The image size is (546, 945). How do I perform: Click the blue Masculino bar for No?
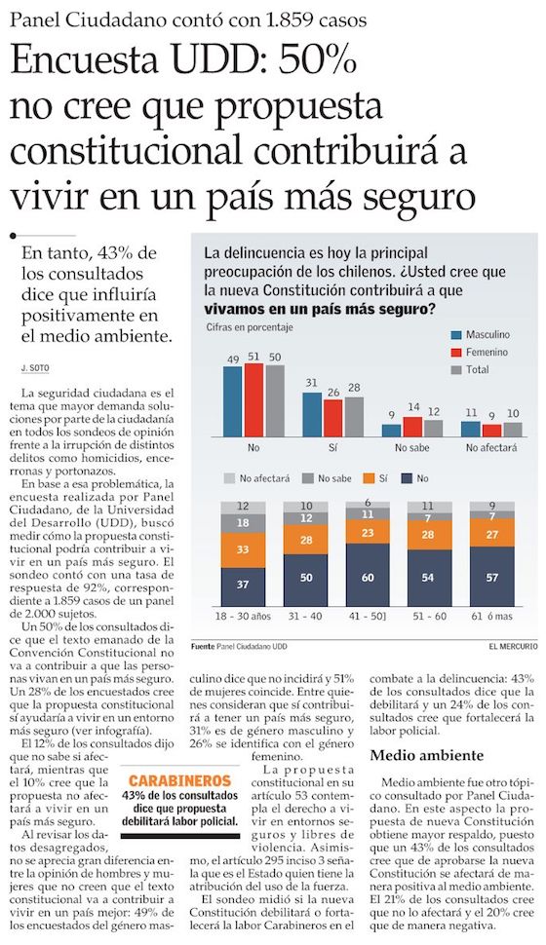[232, 401]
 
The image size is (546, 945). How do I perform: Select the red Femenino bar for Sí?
[332, 418]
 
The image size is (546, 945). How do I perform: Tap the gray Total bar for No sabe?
[433, 429]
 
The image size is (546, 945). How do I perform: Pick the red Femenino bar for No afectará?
[491, 431]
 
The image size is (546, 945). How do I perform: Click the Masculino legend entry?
[481, 334]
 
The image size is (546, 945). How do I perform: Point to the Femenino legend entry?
[480, 352]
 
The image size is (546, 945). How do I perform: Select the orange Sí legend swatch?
[369, 478]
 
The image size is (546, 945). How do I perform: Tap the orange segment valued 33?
[243, 549]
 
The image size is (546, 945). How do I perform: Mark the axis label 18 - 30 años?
[243, 617]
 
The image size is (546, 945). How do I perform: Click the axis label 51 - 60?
[430, 617]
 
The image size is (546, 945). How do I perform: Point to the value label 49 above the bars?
[233, 359]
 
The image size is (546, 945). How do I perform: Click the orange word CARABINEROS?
[179, 780]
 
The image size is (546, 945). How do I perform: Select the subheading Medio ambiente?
[427, 755]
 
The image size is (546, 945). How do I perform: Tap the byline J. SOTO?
[34, 368]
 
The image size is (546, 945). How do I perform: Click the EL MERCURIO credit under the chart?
[514, 647]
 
